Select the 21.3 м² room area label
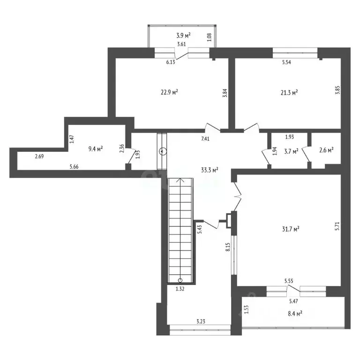pos(289,93)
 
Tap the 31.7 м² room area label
pos(291,229)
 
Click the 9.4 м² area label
pos(95,149)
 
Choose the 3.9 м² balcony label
pos(184,35)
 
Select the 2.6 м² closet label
pos(326,150)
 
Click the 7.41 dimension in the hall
pos(205,139)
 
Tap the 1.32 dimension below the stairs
pos(180,289)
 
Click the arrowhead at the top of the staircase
pos(180,180)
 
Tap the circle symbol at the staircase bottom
pos(180,280)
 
